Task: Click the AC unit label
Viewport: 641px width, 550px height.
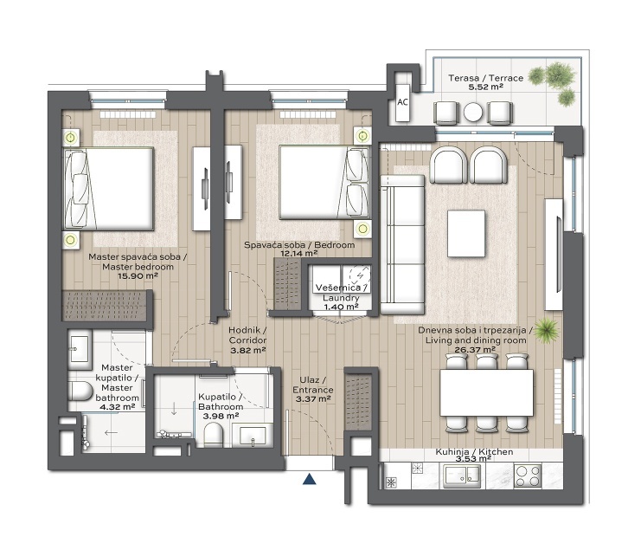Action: [x=402, y=102]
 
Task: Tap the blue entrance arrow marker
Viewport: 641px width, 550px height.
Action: [x=310, y=479]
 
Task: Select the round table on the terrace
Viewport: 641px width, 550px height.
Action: [x=473, y=112]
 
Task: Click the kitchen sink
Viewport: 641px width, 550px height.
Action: [x=462, y=476]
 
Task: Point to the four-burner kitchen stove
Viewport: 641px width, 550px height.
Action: [x=528, y=476]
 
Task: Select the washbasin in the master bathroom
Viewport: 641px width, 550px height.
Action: [x=80, y=349]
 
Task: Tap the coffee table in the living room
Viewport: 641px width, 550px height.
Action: [x=466, y=233]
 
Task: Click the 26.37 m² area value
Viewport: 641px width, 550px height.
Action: [x=475, y=350]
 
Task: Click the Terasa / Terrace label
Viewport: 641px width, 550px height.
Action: [x=485, y=78]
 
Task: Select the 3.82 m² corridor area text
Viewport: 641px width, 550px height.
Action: [x=248, y=350]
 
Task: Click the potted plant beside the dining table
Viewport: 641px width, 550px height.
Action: [x=546, y=330]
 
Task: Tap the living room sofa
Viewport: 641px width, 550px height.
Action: [x=402, y=245]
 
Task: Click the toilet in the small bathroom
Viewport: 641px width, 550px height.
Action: [x=213, y=434]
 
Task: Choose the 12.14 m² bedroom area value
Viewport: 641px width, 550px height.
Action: [x=299, y=253]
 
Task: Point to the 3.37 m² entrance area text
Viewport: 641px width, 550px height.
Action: [x=313, y=399]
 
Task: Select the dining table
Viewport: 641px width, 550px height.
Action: [x=486, y=392]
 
